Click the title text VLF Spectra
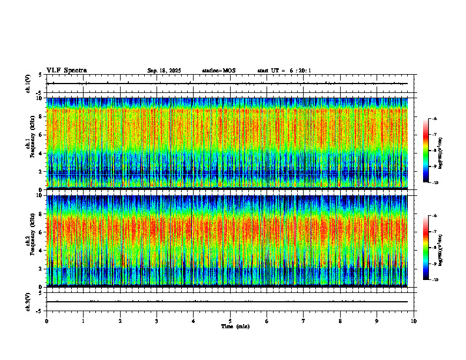pos(66,71)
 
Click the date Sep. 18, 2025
pos(164,71)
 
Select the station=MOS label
pos(219,71)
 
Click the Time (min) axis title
pos(235,326)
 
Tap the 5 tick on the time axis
pos(230,321)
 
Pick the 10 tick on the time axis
pos(414,321)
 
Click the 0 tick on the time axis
pos(46,321)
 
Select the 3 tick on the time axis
pos(157,321)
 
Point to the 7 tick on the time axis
pos(304,321)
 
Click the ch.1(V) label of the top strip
pos(28,84)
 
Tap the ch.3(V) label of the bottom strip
pos(28,301)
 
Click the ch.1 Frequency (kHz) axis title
pos(29,142)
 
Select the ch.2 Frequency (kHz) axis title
pos(29,240)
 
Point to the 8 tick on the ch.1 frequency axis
pos(40,116)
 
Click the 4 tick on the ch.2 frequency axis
pos(40,250)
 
